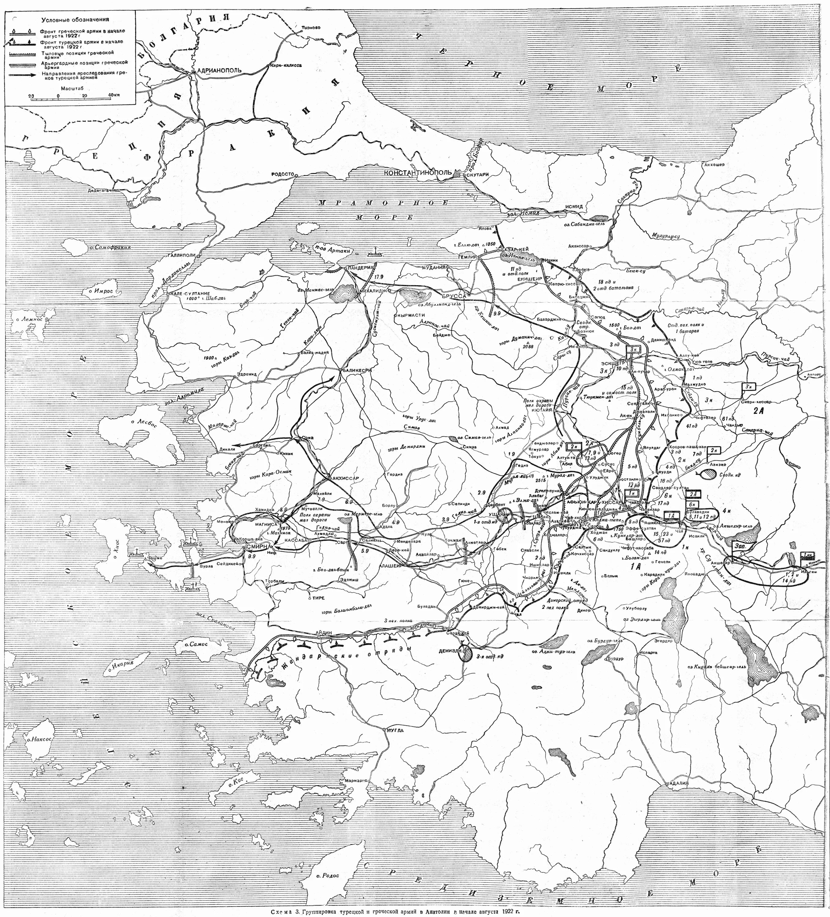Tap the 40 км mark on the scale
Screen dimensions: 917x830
point(114,95)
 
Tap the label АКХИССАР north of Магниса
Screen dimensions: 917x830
point(347,478)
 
